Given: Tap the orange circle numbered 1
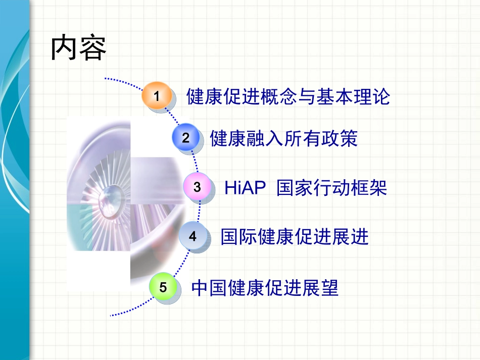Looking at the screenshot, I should point(157,95).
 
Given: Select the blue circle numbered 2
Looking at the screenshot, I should point(186,137).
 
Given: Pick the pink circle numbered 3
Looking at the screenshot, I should point(197,187).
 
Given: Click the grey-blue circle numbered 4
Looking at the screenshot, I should point(193,236).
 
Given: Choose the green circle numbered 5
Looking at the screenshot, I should point(163,288).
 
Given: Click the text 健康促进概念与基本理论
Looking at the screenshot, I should point(288,96).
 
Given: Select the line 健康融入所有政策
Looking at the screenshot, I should point(283,138).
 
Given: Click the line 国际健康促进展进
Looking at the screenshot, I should point(295,236).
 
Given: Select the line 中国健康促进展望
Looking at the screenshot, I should point(265,288).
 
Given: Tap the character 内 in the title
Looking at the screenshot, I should point(64,49).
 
